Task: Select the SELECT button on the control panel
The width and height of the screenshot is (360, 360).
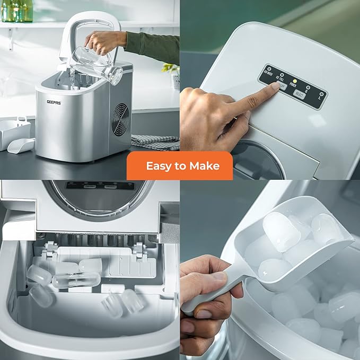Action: (x=299, y=95)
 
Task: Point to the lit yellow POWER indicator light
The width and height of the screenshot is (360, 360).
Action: (x=295, y=81)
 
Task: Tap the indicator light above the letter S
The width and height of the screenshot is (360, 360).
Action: (x=308, y=86)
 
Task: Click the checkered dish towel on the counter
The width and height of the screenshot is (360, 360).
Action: (x=155, y=141)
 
